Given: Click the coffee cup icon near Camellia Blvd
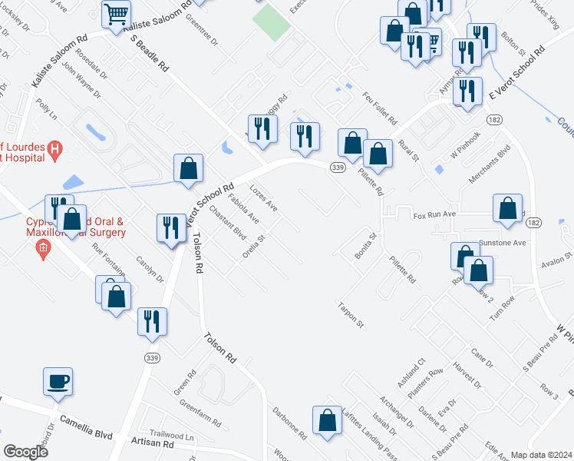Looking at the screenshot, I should coord(59,381).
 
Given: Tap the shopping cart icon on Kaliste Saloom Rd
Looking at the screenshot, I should coord(116,13).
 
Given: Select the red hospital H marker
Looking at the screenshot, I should coord(54,148).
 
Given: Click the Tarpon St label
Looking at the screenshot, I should coord(349,316).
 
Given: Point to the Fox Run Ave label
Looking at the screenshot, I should coord(435,216).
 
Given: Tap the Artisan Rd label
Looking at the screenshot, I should coord(152,445).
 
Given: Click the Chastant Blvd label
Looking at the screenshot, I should coord(227,222).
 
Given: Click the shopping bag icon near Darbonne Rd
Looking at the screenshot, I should coord(327,420).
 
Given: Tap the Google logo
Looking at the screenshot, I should coord(26,451).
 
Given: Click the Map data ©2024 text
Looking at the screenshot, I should coord(542,455).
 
